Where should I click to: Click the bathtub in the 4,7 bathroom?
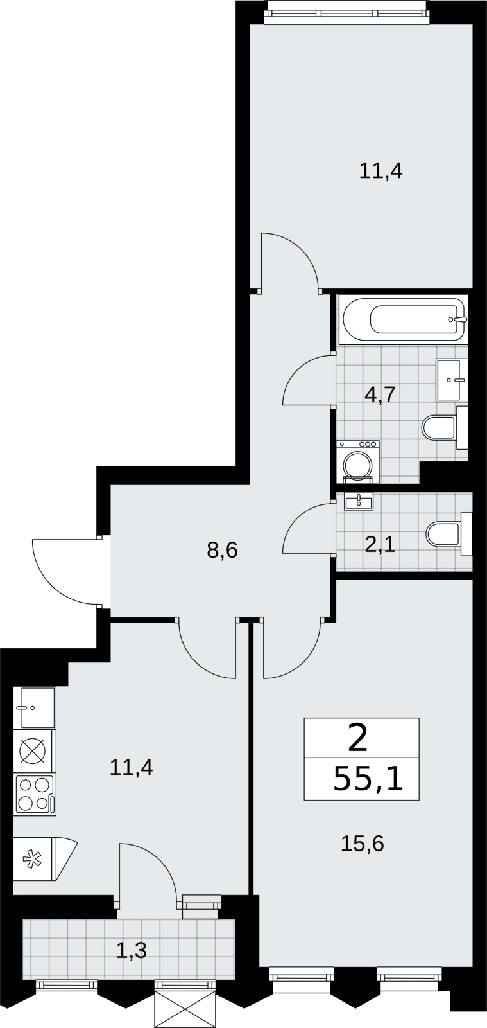coord(403,321)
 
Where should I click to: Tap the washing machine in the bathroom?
coord(358,462)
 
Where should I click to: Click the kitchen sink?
coord(35,707)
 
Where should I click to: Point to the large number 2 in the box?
coord(358,740)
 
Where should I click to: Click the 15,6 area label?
coord(362,844)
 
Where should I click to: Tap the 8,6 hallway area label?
coord(222,549)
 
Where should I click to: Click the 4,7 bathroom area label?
coord(380,394)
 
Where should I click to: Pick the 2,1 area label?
coord(380,546)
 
